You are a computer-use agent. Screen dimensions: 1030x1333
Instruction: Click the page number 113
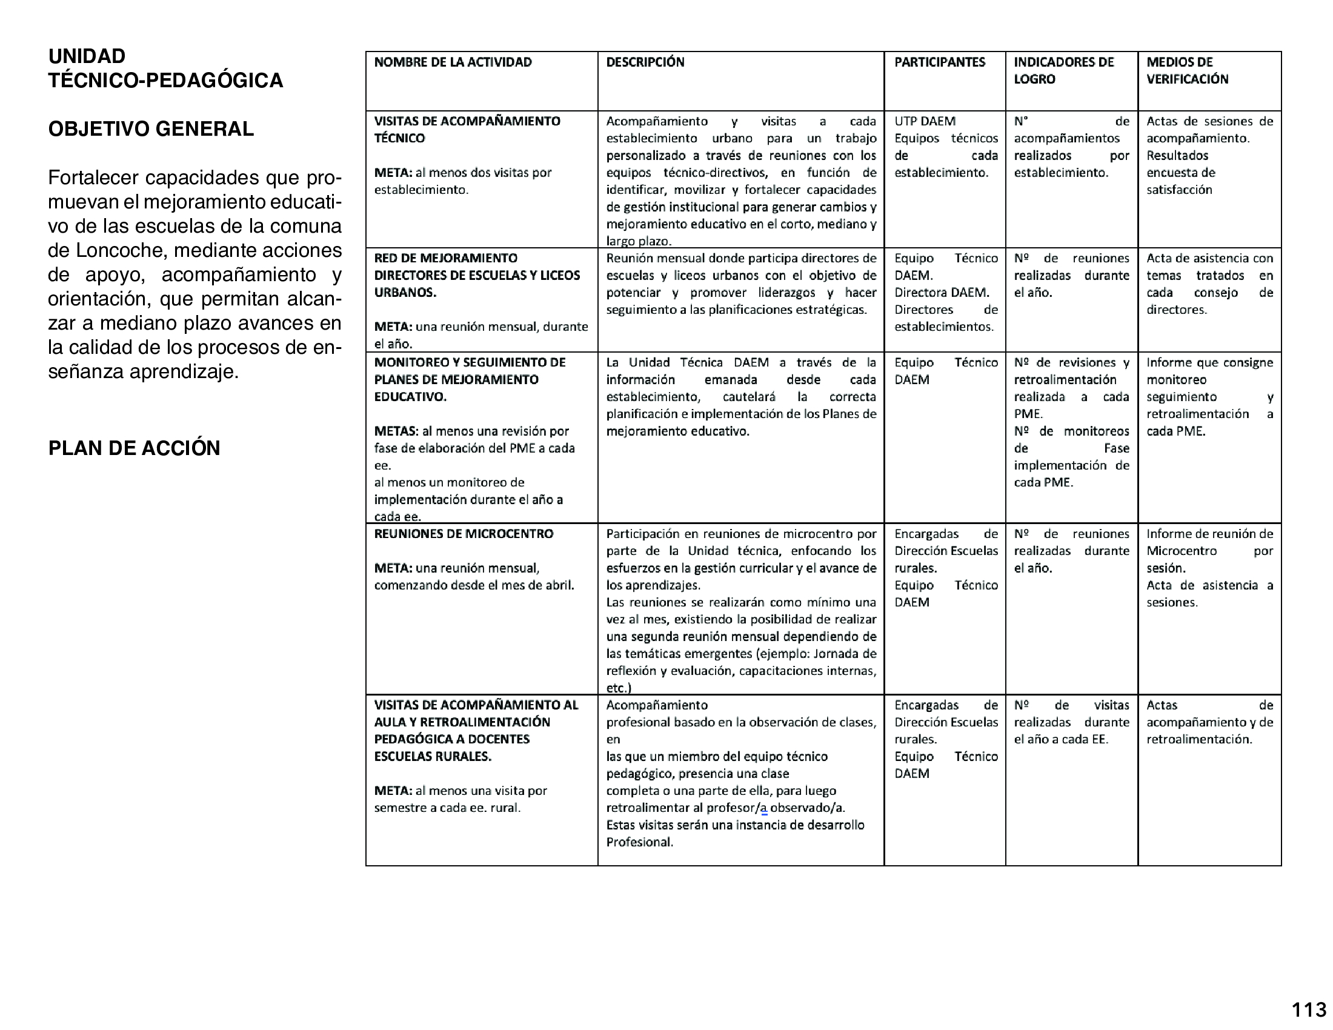1309,1010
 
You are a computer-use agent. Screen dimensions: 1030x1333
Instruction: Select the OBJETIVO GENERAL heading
151,130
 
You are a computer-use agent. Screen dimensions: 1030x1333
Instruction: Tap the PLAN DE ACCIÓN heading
134,448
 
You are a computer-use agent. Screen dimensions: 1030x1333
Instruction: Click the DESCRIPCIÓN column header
645,62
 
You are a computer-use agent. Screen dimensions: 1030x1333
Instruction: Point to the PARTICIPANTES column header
939,62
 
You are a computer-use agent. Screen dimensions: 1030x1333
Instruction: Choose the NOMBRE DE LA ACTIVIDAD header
453,62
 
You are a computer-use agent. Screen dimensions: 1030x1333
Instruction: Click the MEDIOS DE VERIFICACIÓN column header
1187,71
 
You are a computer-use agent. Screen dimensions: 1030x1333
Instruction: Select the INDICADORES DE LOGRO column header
1063,71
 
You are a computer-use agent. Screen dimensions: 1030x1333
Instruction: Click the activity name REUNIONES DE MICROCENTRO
464,534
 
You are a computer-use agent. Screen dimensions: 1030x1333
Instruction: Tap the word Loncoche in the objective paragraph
118,251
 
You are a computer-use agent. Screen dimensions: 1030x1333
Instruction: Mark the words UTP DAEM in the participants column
925,121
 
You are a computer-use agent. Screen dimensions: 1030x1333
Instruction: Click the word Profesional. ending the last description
639,843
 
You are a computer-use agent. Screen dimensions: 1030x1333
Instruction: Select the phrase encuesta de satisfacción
1180,181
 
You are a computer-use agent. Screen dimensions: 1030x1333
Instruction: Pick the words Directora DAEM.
941,293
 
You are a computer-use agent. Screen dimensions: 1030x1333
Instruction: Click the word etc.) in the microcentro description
618,688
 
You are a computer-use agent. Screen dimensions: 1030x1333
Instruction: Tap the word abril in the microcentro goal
559,586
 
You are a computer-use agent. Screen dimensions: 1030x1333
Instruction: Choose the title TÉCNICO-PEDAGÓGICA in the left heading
165,81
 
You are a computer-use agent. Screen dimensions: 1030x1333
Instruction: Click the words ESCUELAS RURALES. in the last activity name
432,757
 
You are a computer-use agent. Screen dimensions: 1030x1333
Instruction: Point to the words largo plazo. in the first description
639,242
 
